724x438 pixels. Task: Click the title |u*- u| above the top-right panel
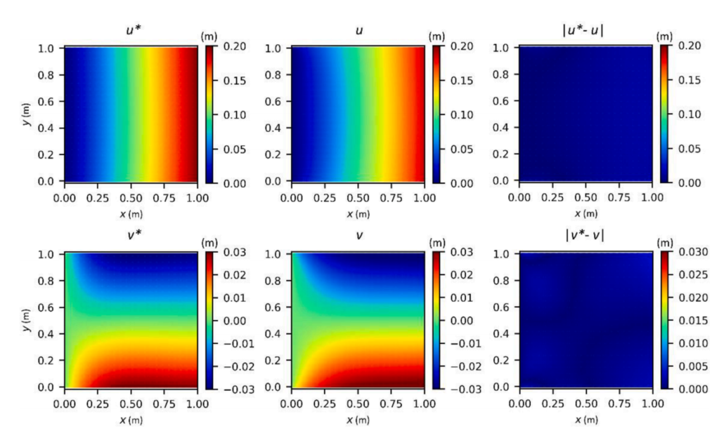(585, 31)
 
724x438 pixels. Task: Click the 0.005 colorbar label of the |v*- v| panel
(693, 365)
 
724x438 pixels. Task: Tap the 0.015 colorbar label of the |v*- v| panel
(693, 319)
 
